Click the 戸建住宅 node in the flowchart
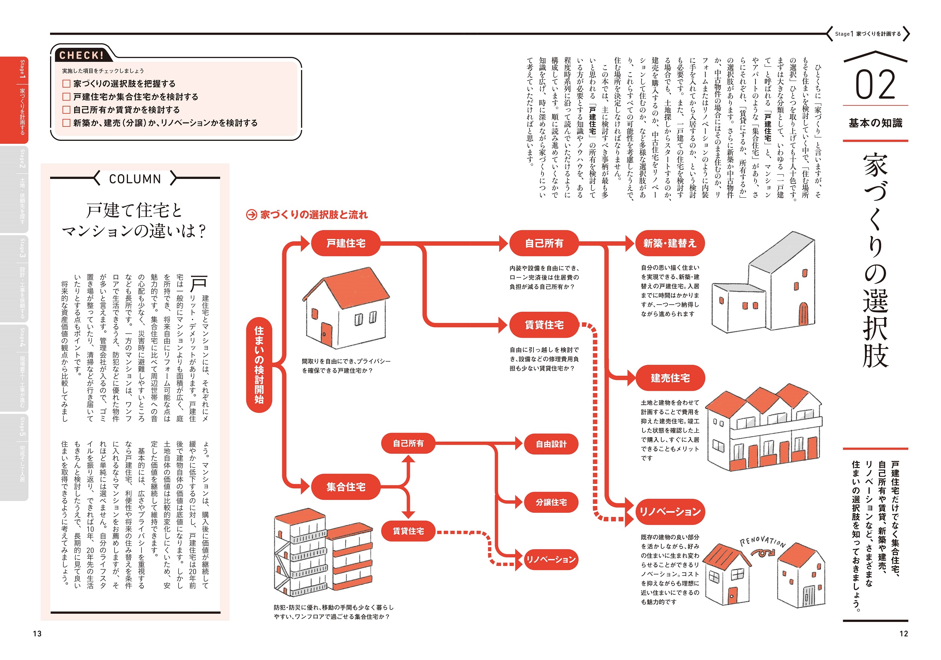tap(346, 243)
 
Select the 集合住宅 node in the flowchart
tap(346, 486)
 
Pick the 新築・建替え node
tap(670, 243)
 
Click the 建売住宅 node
tap(670, 378)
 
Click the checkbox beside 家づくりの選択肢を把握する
tap(66, 84)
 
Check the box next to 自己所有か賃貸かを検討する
tap(66, 110)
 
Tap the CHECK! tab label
tap(81, 55)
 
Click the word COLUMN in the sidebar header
tap(135, 179)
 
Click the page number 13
tap(37, 633)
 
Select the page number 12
tap(904, 633)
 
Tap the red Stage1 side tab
tap(14, 100)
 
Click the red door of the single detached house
tap(326, 334)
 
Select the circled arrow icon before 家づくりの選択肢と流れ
tap(251, 215)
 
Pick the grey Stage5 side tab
tap(14, 457)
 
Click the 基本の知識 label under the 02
tap(876, 123)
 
